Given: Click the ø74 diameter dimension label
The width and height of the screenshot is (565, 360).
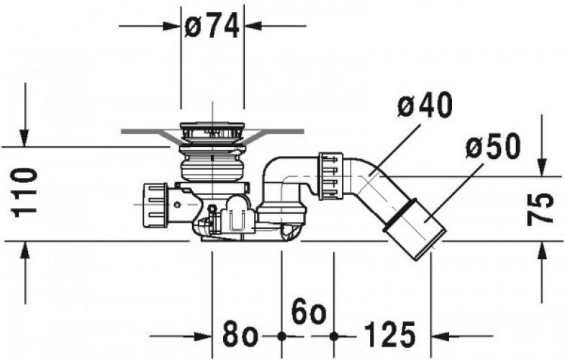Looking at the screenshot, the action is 212,27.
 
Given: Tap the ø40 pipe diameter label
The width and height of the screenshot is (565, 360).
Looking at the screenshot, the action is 425,104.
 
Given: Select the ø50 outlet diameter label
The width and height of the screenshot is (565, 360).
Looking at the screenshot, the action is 493,146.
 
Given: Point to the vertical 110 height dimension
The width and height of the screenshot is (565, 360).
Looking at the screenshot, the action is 25,193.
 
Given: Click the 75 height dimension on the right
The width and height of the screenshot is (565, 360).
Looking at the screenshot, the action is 540,210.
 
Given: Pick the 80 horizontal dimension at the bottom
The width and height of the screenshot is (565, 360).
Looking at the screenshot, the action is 240,335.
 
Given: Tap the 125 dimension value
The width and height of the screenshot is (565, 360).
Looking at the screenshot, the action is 390,335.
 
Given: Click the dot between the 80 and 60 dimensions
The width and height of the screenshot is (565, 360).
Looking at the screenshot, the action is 281,336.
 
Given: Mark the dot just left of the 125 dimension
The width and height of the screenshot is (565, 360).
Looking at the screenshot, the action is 334,336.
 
